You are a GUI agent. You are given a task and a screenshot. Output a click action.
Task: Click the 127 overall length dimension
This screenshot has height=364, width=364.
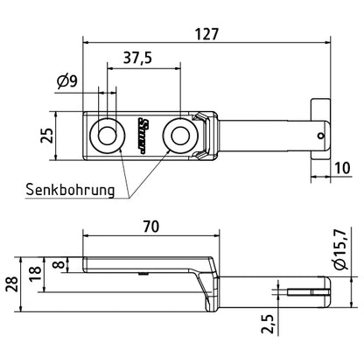206,34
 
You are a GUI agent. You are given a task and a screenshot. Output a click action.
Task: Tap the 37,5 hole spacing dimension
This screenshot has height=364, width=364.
137,58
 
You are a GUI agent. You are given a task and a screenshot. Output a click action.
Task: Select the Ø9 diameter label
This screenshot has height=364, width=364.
67,81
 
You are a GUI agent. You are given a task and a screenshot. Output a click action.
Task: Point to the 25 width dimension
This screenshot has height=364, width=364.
47,136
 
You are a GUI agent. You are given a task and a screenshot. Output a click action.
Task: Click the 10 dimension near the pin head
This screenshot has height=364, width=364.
342,168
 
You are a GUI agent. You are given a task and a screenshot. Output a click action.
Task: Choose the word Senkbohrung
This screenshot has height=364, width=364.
70,190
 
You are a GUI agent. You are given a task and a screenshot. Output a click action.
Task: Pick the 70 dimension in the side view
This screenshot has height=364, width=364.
150,227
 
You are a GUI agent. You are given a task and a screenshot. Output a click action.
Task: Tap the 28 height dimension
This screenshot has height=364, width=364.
12,284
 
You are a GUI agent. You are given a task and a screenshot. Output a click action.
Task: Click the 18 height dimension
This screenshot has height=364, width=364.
36,273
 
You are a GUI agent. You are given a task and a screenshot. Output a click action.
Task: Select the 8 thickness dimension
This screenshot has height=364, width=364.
59,264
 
